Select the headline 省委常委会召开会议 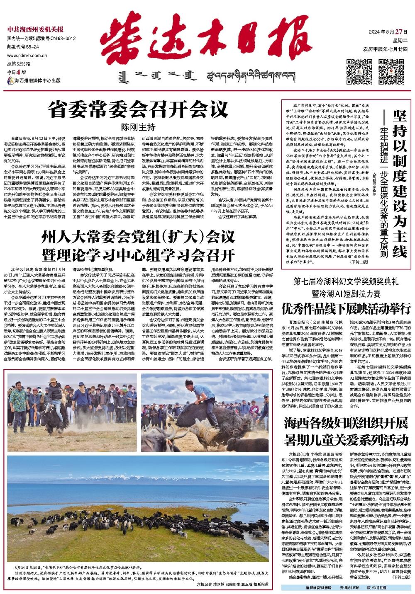tap(138, 110)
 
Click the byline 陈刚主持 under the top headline tap(138, 127)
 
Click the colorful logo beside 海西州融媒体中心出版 tap(10, 80)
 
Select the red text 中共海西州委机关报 tap(35, 29)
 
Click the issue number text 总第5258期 tap(19, 64)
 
